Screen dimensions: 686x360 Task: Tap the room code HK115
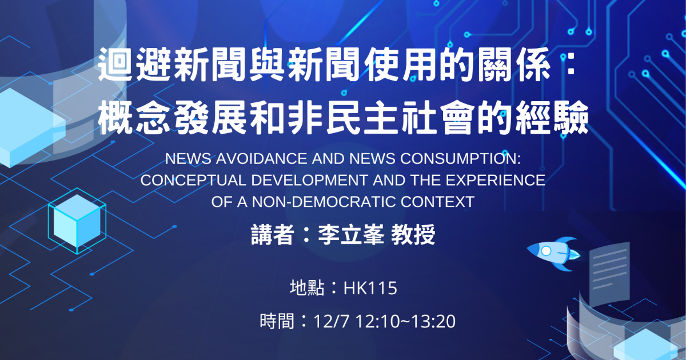(x=370, y=289)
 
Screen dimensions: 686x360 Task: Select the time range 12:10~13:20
(x=405, y=321)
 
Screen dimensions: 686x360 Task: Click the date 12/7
(x=332, y=321)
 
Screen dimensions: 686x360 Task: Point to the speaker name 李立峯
(x=351, y=235)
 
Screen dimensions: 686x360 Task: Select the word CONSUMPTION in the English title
(x=460, y=159)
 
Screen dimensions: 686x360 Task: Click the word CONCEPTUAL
(x=193, y=181)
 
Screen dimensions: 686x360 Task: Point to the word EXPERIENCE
(x=496, y=181)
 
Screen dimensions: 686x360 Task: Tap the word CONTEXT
(x=438, y=202)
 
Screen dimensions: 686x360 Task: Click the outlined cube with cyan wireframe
(x=77, y=221)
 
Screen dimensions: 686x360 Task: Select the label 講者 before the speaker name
(x=272, y=235)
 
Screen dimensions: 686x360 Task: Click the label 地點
(x=307, y=289)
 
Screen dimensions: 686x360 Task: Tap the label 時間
(x=277, y=321)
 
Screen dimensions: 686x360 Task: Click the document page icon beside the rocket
(x=609, y=271)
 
